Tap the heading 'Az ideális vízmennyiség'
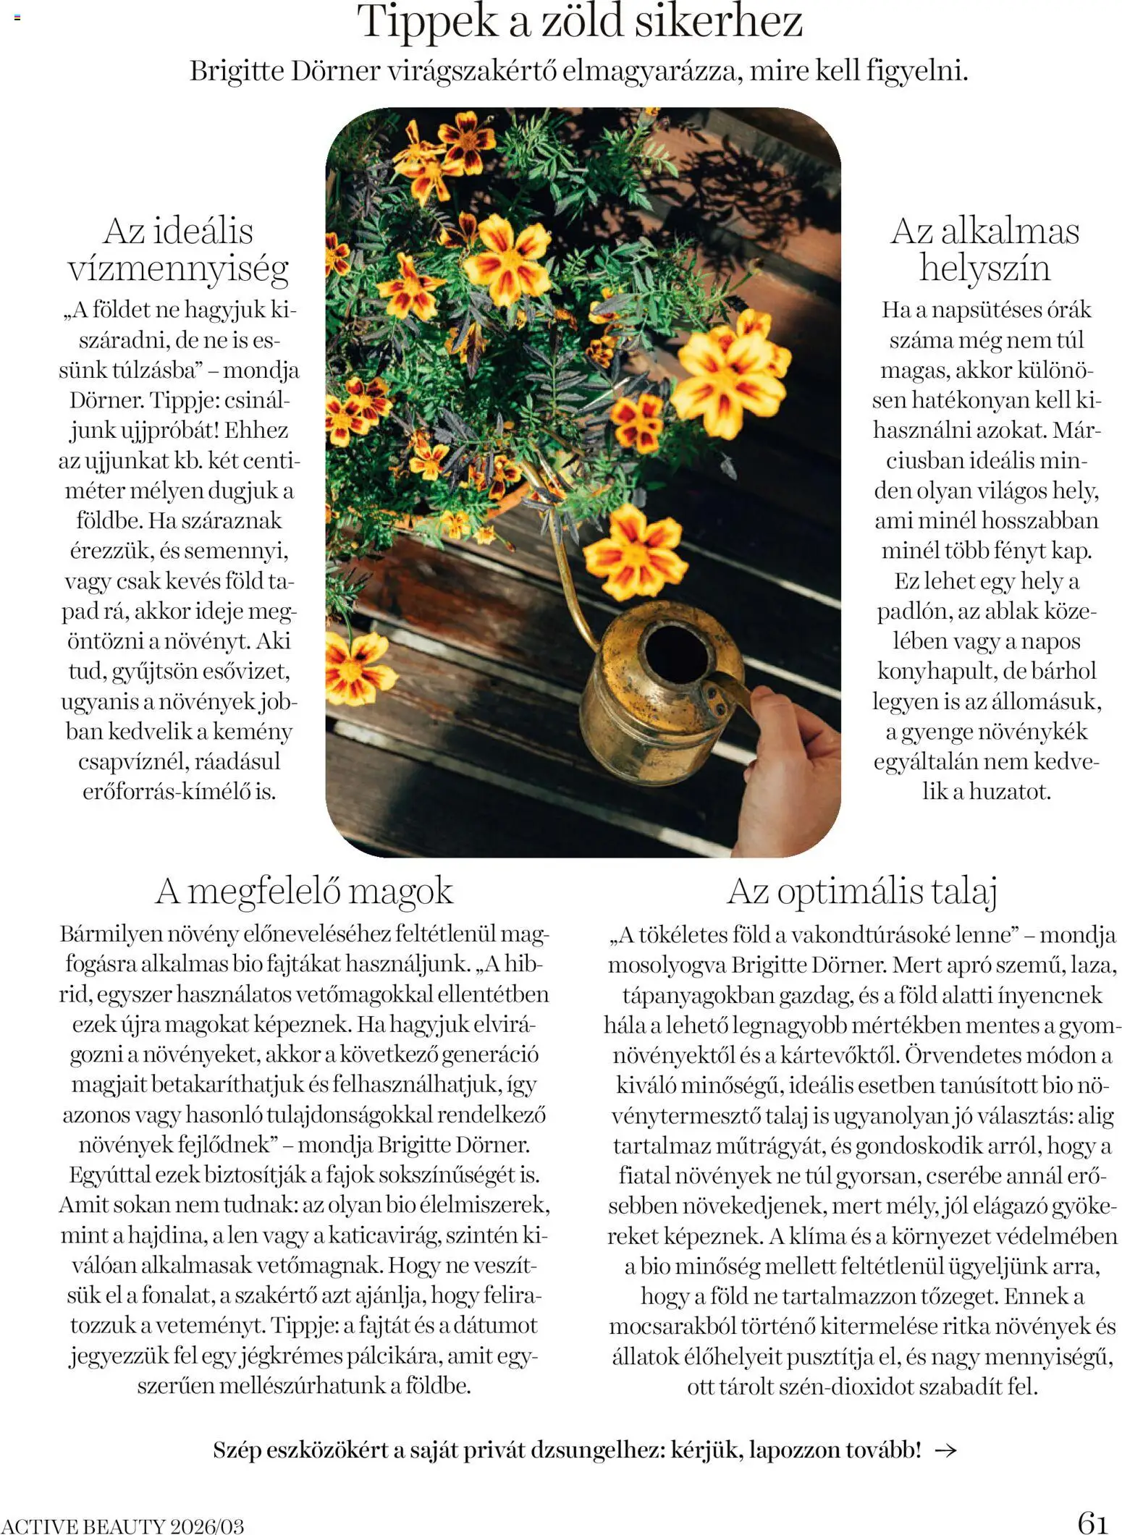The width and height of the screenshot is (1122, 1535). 178,250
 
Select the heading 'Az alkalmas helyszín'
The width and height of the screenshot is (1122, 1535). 984,250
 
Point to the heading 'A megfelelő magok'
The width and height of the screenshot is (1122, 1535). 304,891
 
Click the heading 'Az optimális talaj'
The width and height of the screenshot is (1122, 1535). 862,891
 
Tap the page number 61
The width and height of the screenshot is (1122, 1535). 1092,1521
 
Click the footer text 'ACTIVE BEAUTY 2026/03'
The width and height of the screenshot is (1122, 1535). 123,1526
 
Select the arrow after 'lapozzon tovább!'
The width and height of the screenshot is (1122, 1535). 946,1450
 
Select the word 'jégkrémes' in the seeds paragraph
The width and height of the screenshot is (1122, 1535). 290,1356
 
